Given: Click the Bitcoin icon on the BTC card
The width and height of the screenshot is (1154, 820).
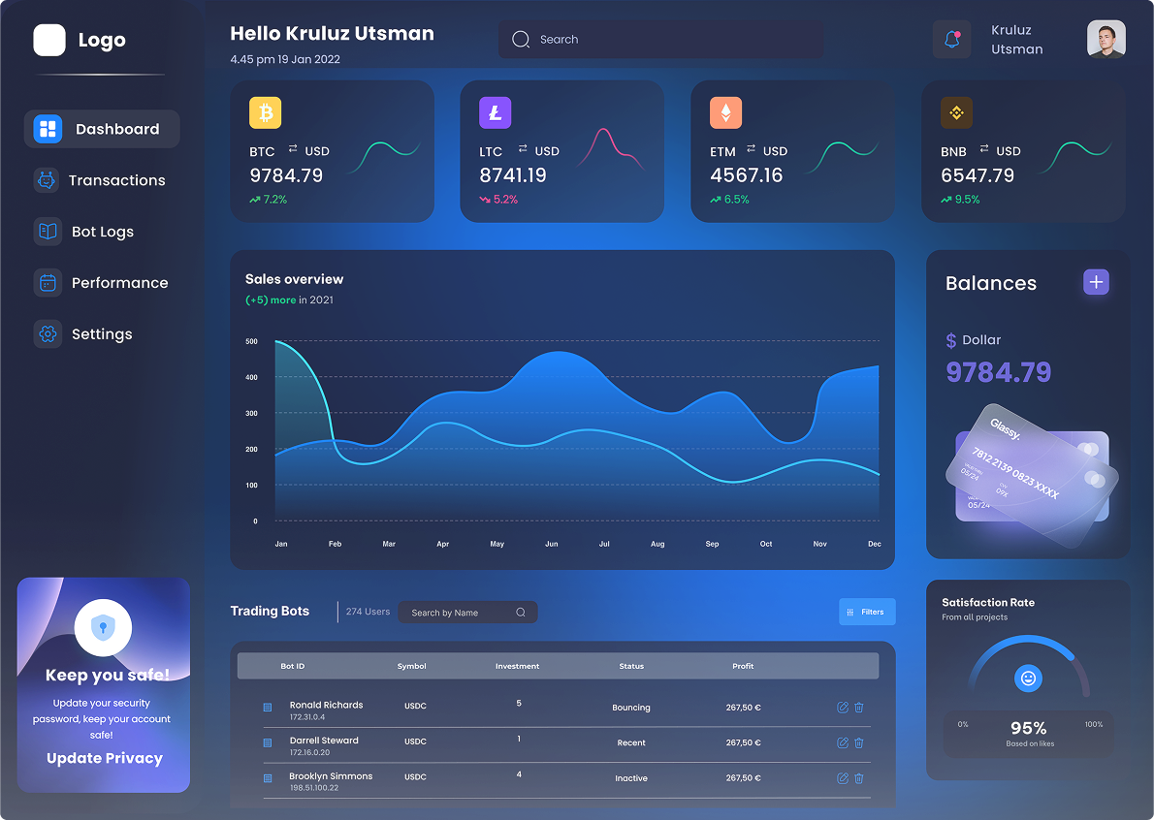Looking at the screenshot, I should tap(265, 112).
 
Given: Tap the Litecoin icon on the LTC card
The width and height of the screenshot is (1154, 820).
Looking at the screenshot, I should tap(495, 112).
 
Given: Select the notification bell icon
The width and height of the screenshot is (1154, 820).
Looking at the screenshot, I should tap(951, 40).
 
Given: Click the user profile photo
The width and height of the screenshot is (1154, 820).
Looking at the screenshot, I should tap(1106, 40).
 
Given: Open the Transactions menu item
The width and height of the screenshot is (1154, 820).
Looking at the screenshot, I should tap(116, 180).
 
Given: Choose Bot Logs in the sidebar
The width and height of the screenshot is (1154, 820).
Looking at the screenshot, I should tap(102, 232).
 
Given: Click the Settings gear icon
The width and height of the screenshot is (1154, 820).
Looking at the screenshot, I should tap(47, 334).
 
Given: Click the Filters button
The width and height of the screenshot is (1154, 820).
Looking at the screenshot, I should tap(867, 612).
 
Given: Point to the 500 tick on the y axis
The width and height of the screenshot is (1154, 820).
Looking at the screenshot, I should tap(251, 341).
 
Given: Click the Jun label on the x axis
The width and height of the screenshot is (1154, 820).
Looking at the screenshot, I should tap(551, 545).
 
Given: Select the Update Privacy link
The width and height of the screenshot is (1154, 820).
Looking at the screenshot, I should tap(105, 758).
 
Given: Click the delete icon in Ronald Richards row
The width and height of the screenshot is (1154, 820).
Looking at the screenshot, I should tap(859, 708).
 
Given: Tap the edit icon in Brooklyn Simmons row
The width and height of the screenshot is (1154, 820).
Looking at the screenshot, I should tap(842, 778).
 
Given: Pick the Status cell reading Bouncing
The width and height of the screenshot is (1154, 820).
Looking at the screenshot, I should tap(631, 708).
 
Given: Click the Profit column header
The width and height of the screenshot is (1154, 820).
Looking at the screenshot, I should tap(743, 666).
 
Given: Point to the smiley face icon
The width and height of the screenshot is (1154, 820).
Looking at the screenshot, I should tap(1028, 678).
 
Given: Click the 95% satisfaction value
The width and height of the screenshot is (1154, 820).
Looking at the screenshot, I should tap(1028, 728).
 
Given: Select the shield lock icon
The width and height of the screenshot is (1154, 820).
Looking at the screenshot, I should tap(103, 627).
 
